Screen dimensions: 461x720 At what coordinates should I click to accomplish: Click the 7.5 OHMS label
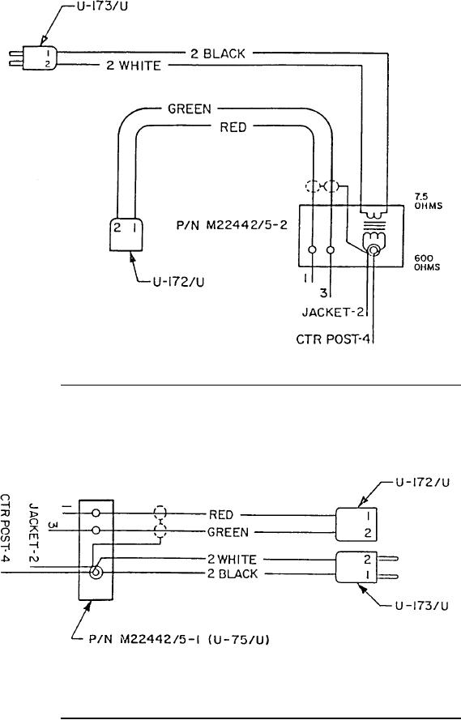pos(429,202)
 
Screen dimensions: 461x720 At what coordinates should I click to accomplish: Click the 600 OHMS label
pos(427,262)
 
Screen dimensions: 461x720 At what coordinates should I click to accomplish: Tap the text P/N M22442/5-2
pos(232,226)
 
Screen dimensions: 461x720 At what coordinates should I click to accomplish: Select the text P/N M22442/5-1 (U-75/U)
pos(178,639)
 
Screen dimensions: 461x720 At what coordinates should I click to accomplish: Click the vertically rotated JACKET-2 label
pos(33,534)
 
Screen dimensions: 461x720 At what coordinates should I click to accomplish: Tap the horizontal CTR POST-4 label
pos(333,340)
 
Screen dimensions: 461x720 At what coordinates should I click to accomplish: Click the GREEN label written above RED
pos(190,109)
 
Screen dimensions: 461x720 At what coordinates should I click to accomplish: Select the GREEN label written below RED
pos(228,532)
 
